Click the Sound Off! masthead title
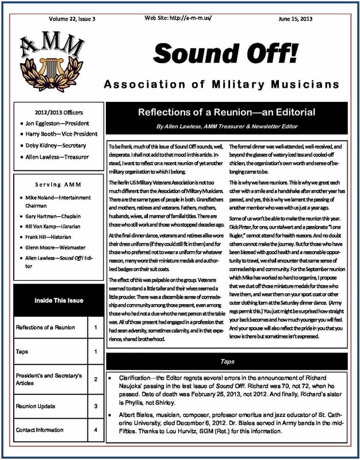(x=226, y=53)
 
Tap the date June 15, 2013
(x=296, y=19)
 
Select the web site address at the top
(x=178, y=18)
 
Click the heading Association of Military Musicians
(x=221, y=85)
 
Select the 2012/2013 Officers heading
(x=59, y=112)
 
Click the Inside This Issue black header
(x=59, y=300)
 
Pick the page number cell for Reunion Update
(x=95, y=406)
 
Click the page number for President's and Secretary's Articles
(x=95, y=379)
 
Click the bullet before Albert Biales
(x=110, y=415)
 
